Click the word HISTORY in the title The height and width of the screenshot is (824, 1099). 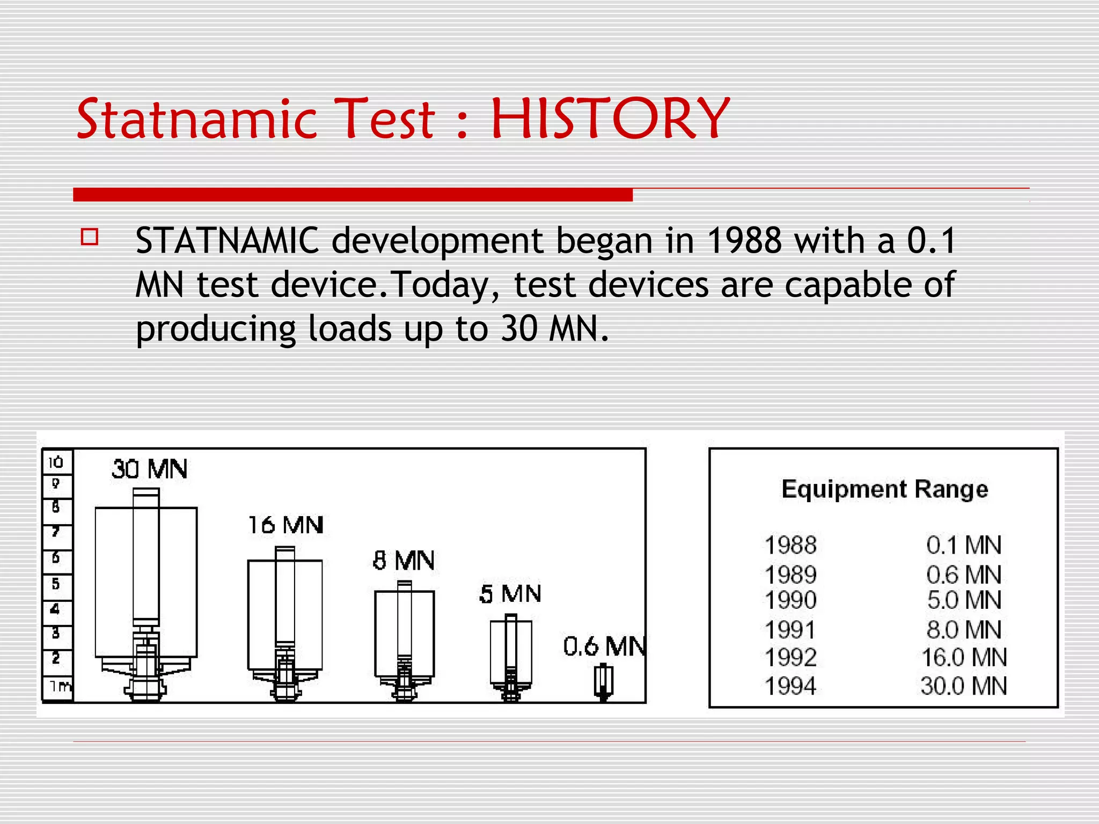[x=610, y=119]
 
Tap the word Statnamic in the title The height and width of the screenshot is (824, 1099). [x=197, y=119]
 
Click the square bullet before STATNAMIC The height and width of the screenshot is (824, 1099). [x=90, y=237]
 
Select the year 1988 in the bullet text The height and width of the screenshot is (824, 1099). [x=744, y=240]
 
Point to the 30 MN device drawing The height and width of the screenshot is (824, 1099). [x=146, y=595]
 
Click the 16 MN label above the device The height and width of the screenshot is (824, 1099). [x=285, y=525]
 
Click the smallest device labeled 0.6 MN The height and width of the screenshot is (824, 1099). [x=604, y=682]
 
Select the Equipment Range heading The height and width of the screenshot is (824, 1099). [x=884, y=489]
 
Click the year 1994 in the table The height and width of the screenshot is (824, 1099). [x=790, y=686]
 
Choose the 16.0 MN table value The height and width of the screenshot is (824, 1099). [x=964, y=658]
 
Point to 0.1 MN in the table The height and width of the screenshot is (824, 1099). [x=964, y=546]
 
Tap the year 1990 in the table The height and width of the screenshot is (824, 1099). [x=790, y=600]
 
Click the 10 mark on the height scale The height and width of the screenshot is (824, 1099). [x=56, y=462]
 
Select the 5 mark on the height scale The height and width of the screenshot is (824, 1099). [x=56, y=584]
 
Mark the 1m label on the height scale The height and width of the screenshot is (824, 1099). [x=60, y=686]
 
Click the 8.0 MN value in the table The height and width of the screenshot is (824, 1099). [x=964, y=630]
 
